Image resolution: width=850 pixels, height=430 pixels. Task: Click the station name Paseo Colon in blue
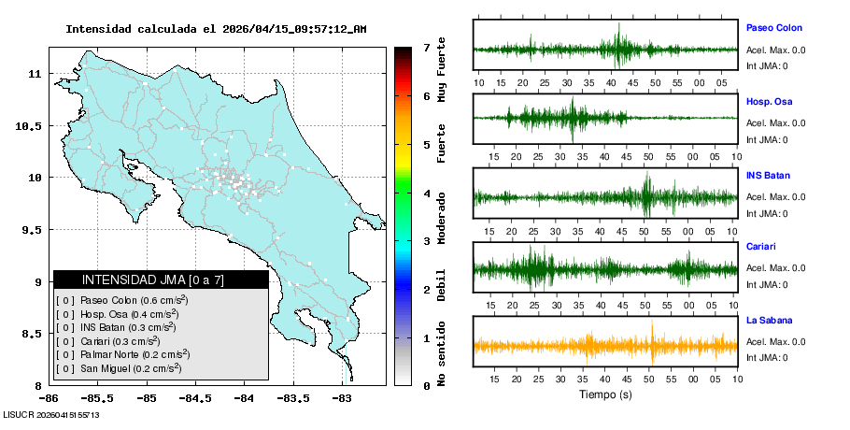pos(773,28)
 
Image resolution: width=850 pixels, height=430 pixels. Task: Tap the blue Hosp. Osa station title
pos(770,101)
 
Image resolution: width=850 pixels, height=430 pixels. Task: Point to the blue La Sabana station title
pos(768,321)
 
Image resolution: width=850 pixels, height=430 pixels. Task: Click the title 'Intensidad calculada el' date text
pos(216,29)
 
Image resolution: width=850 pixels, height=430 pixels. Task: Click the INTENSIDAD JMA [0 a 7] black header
pos(161,279)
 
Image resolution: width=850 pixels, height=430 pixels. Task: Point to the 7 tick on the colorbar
pos(427,47)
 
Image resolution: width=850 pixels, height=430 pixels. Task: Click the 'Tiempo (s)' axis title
pos(605,394)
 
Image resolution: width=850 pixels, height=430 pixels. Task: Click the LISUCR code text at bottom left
pos(51,415)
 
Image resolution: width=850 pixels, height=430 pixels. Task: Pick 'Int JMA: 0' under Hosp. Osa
pos(767,140)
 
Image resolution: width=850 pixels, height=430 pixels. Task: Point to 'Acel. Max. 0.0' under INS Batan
pos(776,197)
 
